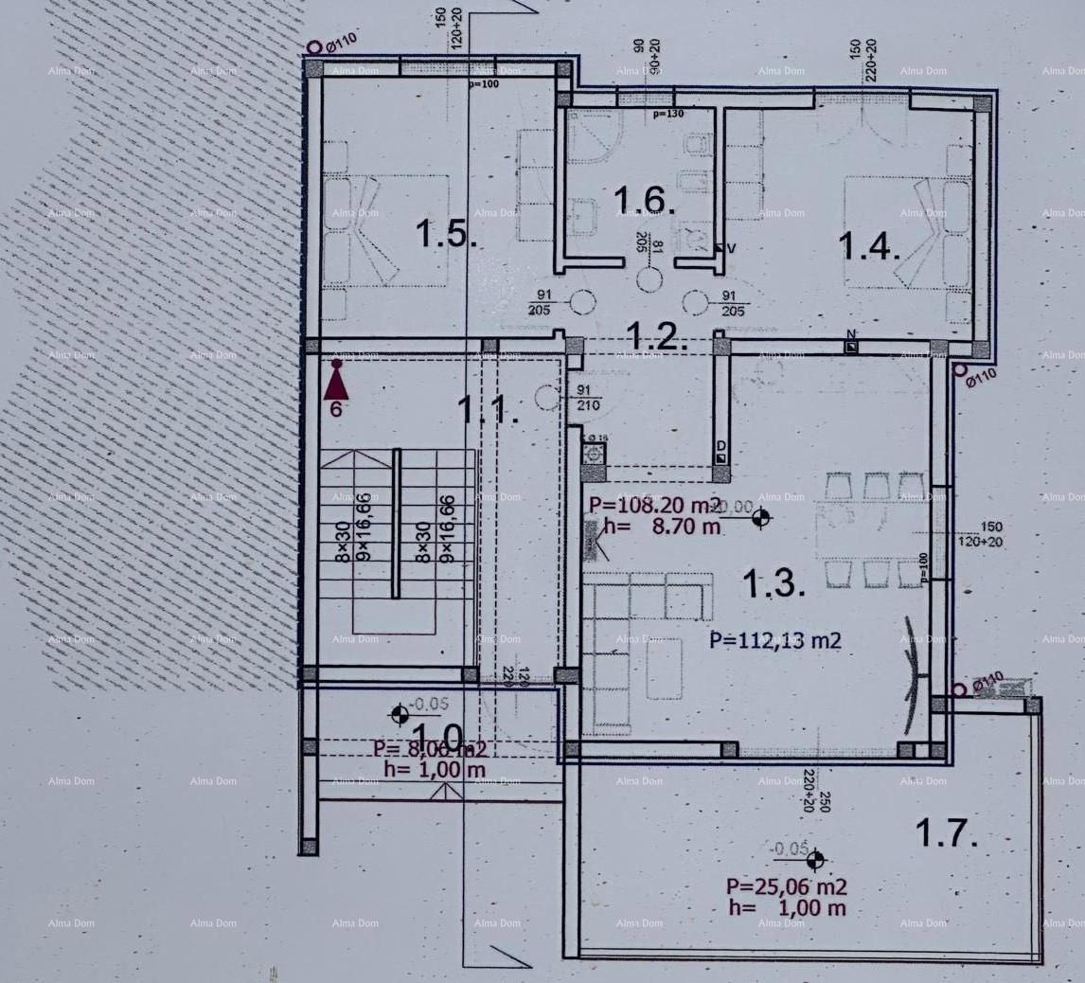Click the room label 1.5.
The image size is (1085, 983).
[x=445, y=232]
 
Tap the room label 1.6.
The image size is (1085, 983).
[x=644, y=200]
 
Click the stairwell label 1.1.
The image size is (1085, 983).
[x=489, y=409]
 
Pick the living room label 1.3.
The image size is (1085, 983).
[x=774, y=583]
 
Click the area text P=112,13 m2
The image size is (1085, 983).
[x=775, y=640]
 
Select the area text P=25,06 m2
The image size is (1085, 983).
[x=786, y=886]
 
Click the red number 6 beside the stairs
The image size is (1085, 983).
[x=336, y=410]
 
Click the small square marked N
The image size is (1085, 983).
[x=851, y=347]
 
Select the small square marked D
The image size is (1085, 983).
[x=721, y=458]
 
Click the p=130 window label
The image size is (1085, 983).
[x=669, y=114]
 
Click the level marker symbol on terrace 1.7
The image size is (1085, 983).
[x=813, y=860]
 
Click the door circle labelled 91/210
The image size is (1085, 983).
[x=547, y=398]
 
